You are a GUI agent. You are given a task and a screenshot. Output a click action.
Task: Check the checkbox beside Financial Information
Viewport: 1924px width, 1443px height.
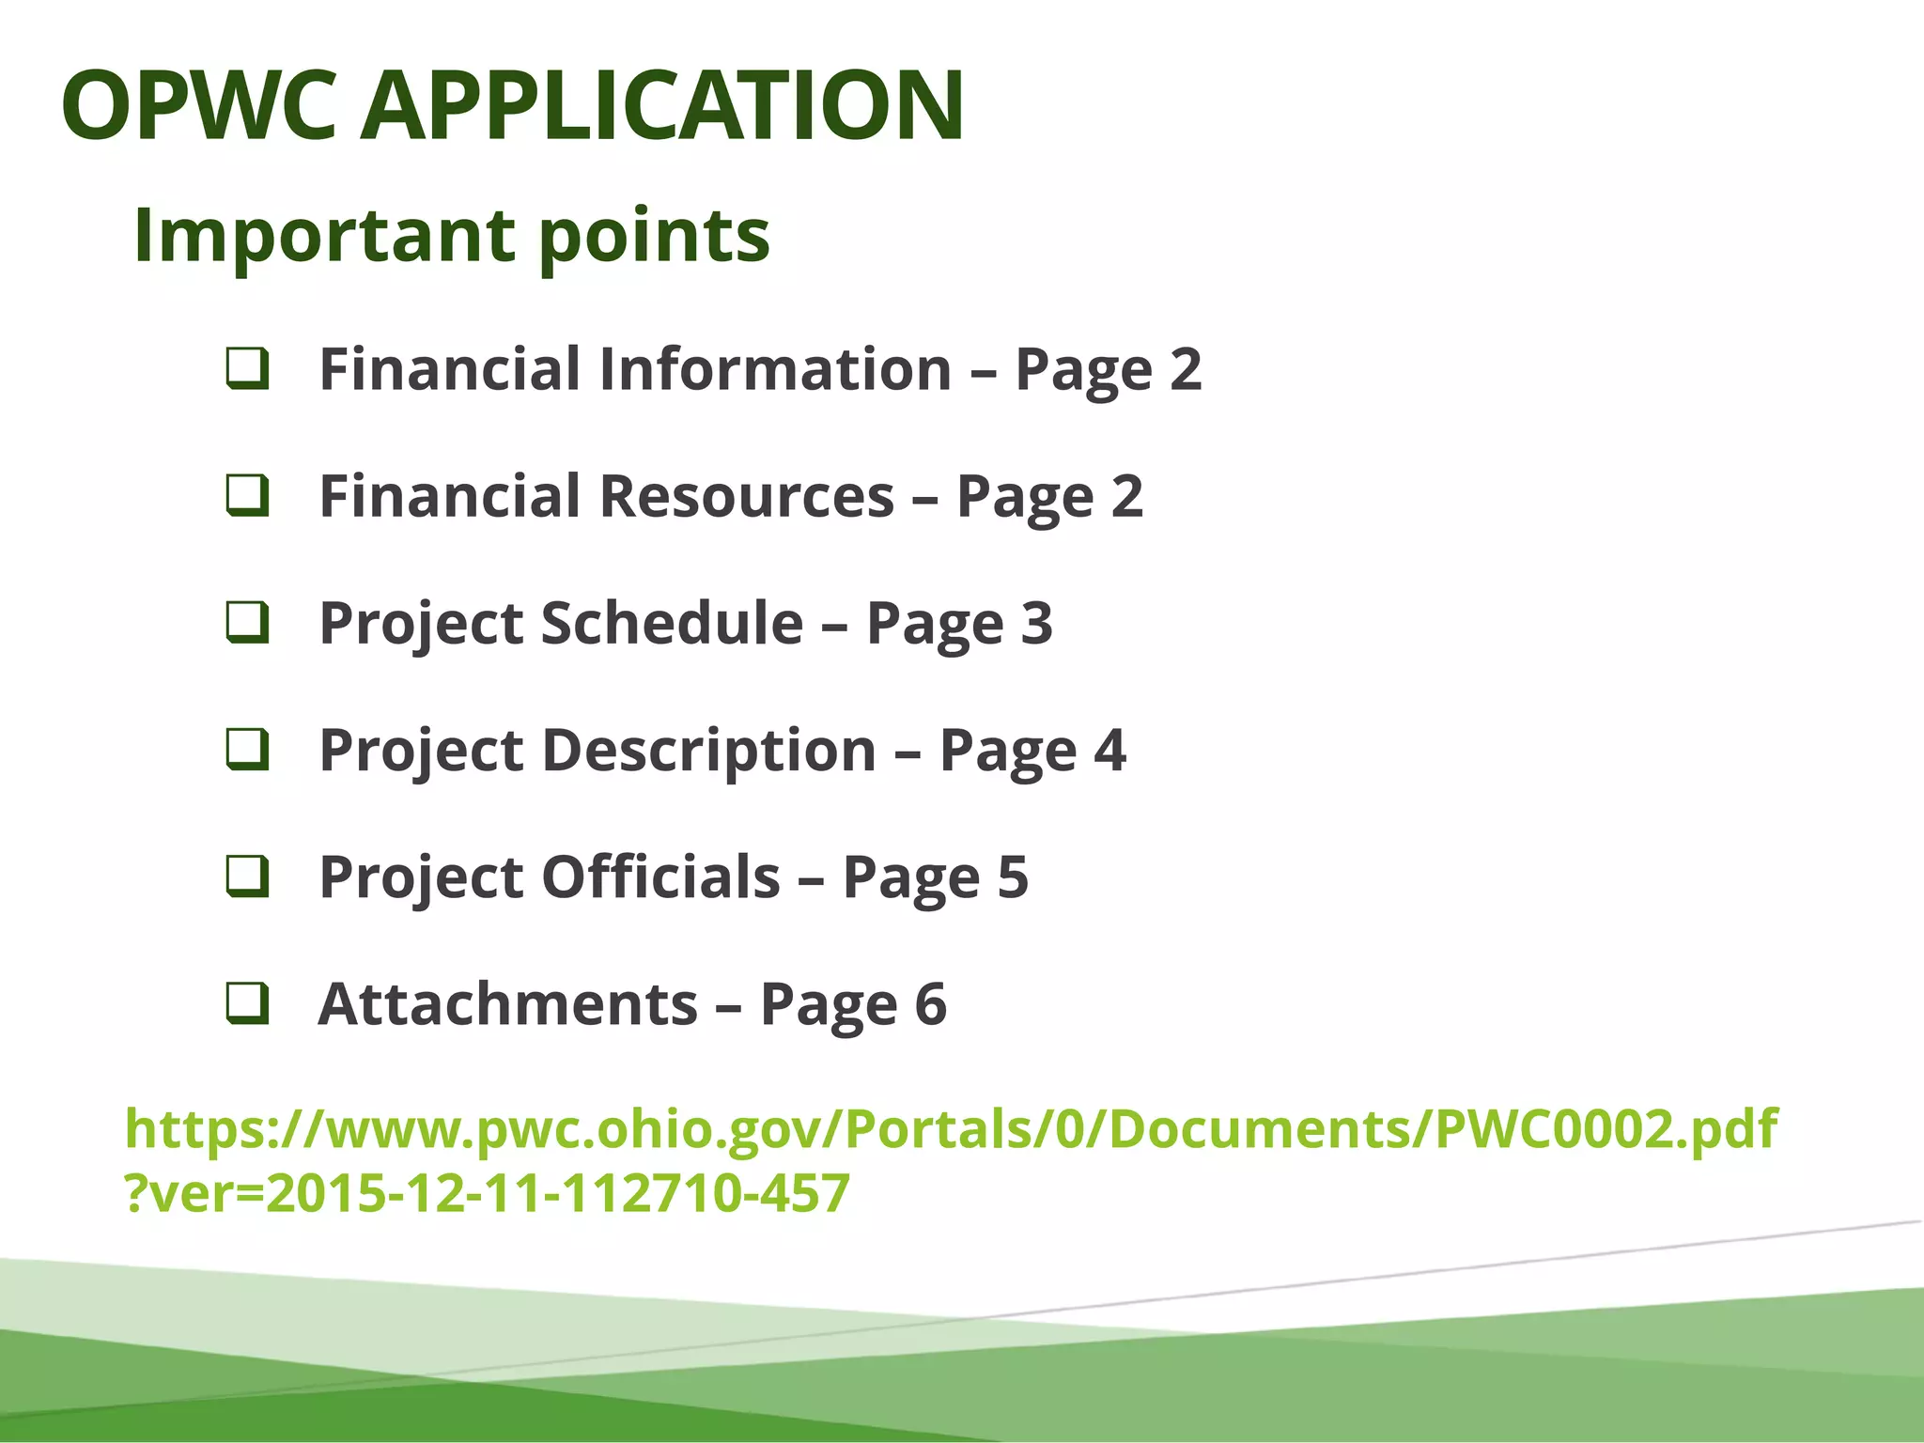(248, 368)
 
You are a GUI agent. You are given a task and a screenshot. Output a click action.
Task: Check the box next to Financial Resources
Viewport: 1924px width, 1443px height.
(248, 496)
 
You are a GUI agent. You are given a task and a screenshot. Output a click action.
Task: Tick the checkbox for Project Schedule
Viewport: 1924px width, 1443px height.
(248, 623)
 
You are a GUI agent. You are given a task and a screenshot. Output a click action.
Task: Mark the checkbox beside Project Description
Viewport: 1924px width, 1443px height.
(248, 750)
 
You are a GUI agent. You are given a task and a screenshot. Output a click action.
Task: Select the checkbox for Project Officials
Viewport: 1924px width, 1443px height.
(248, 877)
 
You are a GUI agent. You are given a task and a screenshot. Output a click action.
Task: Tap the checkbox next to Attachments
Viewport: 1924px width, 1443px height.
(248, 1003)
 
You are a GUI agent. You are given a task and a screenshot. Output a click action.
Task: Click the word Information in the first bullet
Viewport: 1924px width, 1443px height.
(775, 368)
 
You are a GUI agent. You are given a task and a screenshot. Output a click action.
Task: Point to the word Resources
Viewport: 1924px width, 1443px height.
(747, 496)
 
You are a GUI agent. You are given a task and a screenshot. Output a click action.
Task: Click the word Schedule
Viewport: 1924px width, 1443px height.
(672, 623)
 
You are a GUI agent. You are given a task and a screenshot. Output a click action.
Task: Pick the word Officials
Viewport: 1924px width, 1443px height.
(660, 877)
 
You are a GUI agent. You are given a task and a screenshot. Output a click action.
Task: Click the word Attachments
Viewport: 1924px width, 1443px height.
(508, 1003)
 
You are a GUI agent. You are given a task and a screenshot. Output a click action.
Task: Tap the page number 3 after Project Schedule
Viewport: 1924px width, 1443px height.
(1037, 623)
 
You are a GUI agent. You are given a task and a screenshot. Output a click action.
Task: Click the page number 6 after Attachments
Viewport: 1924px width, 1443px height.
(930, 1003)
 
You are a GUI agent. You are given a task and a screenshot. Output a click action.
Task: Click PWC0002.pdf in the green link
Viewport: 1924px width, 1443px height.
(1606, 1129)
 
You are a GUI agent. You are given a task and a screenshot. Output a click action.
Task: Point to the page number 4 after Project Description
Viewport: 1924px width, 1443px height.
(1109, 750)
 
